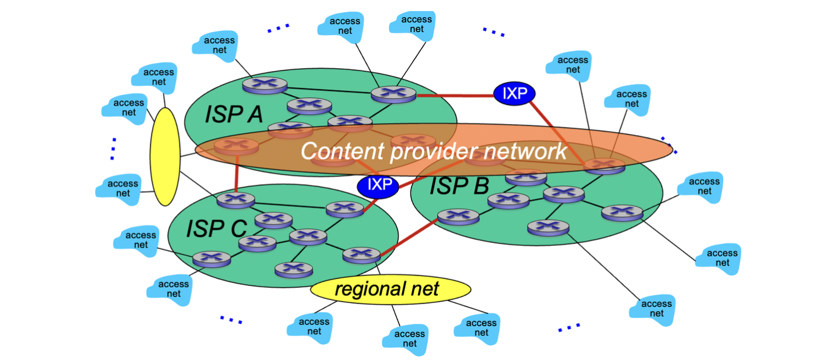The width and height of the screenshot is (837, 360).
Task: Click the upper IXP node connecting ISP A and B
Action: click(x=514, y=93)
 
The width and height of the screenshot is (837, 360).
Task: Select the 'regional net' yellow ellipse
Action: click(x=390, y=289)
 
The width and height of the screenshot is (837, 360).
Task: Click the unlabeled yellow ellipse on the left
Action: click(x=164, y=156)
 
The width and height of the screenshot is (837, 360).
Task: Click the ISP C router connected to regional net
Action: click(x=361, y=255)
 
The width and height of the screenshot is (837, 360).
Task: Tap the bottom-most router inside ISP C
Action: click(x=293, y=270)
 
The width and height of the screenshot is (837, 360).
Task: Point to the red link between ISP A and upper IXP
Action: click(x=455, y=94)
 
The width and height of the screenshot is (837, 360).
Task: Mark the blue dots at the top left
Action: click(x=278, y=28)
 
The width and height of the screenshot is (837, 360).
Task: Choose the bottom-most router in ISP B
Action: click(x=548, y=227)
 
